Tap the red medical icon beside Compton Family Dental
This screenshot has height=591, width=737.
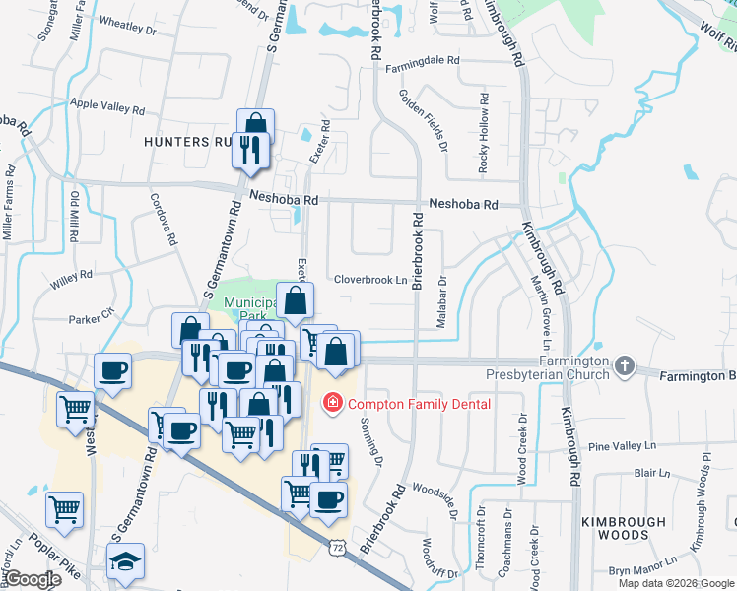click(333, 403)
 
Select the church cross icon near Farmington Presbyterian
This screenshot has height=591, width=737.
click(623, 366)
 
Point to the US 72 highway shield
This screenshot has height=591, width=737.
click(338, 545)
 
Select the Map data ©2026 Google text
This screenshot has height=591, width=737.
click(676, 583)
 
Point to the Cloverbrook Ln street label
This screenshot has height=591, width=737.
click(370, 280)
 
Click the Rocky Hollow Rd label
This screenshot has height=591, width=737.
click(484, 134)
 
